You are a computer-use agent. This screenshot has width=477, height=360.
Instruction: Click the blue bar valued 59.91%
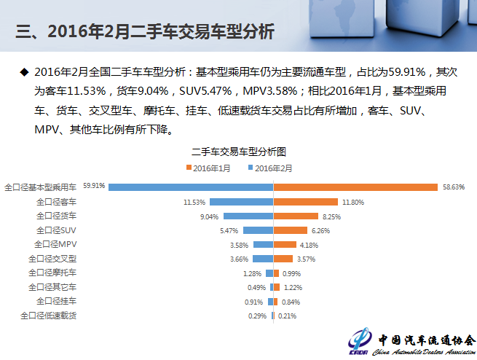(191, 187)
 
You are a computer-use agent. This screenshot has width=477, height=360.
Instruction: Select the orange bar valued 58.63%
(355, 187)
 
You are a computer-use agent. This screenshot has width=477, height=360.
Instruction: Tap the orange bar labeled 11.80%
(306, 201)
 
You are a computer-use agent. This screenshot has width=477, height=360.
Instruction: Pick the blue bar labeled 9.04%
(248, 216)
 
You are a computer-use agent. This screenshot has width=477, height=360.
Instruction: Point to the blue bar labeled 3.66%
(263, 258)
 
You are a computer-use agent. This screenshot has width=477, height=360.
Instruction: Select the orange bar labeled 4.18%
(285, 244)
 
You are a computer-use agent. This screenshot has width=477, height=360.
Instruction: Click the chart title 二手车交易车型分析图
(238, 152)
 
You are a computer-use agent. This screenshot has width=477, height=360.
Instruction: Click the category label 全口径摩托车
(52, 273)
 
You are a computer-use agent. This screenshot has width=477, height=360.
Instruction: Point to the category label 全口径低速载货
(49, 316)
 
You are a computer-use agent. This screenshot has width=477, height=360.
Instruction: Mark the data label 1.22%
(293, 287)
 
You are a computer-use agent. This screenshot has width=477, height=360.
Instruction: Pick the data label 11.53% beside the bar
(194, 202)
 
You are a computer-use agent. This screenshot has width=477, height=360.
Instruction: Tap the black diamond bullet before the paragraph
(23, 72)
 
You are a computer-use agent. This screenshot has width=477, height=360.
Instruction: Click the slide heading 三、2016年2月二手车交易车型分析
(146, 32)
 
